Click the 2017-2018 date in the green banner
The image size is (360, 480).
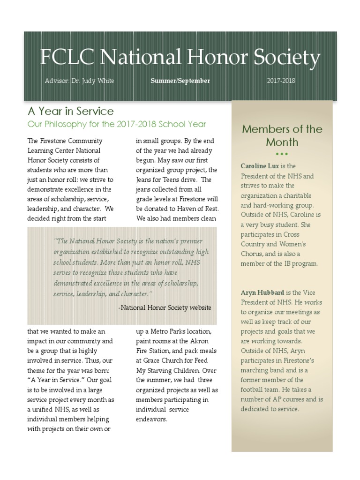click(x=281, y=81)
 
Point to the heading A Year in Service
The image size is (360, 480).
click(x=70, y=111)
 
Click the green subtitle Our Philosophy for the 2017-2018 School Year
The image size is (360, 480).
click(x=117, y=124)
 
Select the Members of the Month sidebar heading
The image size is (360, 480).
click(x=282, y=135)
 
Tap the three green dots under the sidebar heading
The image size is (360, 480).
click(x=282, y=154)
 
